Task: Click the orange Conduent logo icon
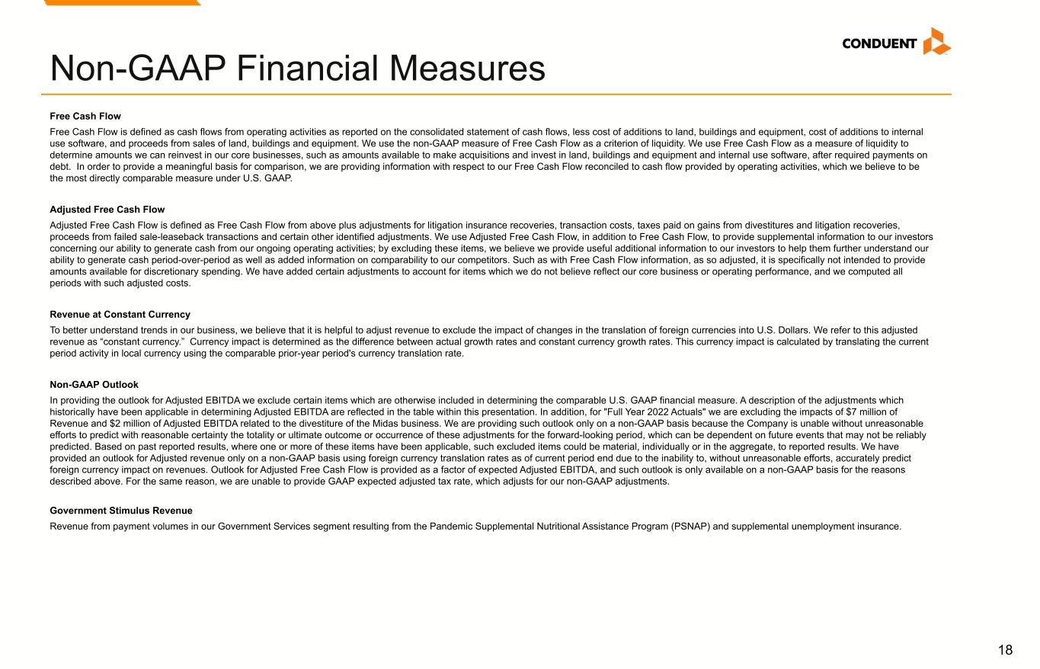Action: (936, 41)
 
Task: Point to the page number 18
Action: (1005, 650)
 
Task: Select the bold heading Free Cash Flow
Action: (85, 117)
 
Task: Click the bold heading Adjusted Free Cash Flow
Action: (107, 210)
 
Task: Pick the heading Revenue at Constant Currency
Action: (120, 315)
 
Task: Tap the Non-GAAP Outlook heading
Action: (94, 385)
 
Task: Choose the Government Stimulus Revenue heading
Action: (121, 511)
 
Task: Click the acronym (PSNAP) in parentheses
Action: (692, 527)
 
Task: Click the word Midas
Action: (373, 424)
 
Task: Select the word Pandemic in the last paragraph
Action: (450, 527)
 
